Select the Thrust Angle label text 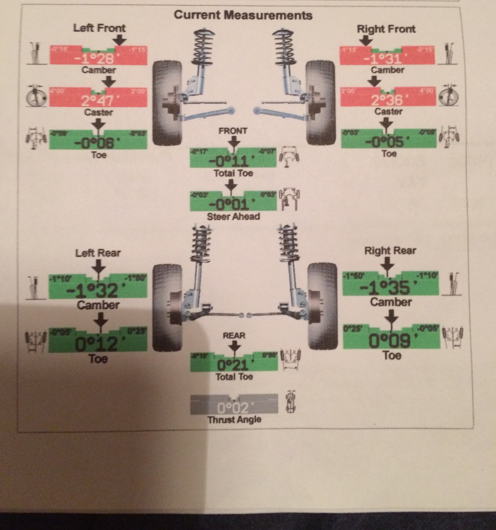pos(234,420)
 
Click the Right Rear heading pos(390,251)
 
